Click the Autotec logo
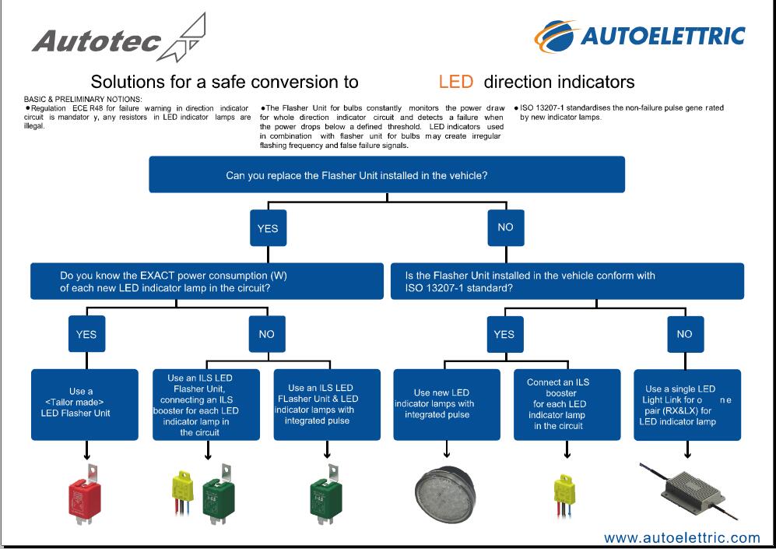[x=119, y=39]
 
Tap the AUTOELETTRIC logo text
[x=662, y=36]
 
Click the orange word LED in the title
[x=456, y=82]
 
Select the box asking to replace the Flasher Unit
[x=387, y=174]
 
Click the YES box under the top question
[x=269, y=228]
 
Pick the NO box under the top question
[x=506, y=227]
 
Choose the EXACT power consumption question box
[x=207, y=281]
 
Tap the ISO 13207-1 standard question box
[x=567, y=281]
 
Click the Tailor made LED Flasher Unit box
[x=85, y=404]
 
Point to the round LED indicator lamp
[x=444, y=493]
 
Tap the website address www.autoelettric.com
[x=682, y=537]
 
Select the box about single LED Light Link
[x=687, y=404]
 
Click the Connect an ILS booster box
[x=567, y=404]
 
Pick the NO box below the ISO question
[x=686, y=334]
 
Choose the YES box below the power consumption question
[x=86, y=334]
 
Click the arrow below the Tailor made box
[x=86, y=449]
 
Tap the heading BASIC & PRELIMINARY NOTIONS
[x=83, y=99]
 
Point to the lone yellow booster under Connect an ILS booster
[x=564, y=495]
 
